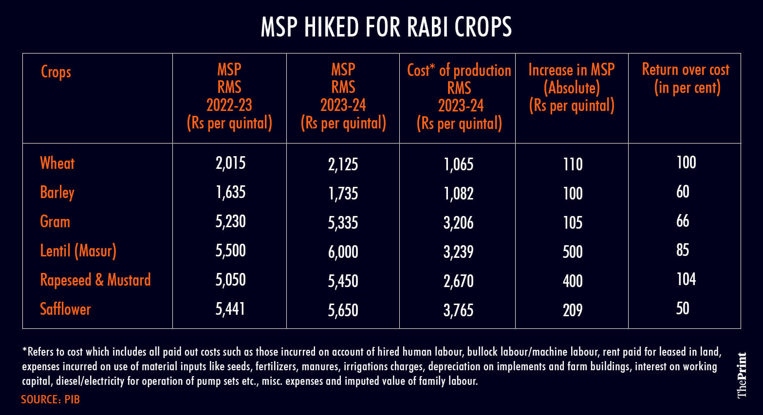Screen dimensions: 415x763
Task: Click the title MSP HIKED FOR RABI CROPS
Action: (386, 27)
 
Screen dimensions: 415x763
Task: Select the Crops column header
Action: (56, 72)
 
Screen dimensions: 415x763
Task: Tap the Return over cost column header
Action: (686, 79)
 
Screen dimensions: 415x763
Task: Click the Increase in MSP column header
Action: (572, 88)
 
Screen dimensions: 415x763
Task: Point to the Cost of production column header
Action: (459, 97)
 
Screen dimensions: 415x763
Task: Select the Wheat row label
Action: (57, 163)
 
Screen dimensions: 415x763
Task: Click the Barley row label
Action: (57, 193)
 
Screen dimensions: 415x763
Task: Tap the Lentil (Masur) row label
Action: (78, 251)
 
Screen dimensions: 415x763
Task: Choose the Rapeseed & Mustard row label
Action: (95, 280)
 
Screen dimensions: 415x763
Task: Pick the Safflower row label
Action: (65, 309)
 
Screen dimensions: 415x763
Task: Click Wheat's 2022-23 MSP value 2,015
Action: (230, 163)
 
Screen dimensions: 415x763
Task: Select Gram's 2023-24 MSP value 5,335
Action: (343, 223)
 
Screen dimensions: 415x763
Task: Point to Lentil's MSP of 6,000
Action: (343, 252)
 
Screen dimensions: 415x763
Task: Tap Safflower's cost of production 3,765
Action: (458, 310)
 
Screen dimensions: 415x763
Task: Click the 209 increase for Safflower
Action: (573, 310)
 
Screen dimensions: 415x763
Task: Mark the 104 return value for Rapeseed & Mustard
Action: (686, 279)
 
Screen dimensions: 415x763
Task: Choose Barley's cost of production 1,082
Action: (458, 194)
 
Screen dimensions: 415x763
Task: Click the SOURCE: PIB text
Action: (50, 399)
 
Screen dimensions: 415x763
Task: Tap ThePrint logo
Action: (742, 375)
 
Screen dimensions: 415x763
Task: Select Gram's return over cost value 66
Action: (683, 221)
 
